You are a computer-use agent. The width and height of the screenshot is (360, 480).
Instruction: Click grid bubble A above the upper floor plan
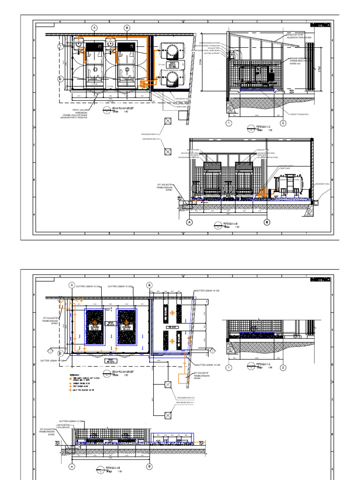click(95, 28)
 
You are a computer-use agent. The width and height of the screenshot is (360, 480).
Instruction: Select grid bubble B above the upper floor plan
click(127, 28)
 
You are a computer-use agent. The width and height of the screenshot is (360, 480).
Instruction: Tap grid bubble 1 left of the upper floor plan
click(61, 46)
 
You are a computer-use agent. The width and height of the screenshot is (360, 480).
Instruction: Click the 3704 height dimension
click(201, 63)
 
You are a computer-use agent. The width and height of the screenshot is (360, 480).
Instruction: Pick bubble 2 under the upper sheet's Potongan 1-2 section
click(283, 123)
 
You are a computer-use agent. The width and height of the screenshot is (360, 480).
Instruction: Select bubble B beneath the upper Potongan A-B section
click(267, 222)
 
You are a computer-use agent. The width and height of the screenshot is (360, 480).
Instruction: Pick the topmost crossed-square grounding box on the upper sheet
click(168, 121)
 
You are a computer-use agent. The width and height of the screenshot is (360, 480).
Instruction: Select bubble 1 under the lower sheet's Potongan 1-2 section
click(229, 368)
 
